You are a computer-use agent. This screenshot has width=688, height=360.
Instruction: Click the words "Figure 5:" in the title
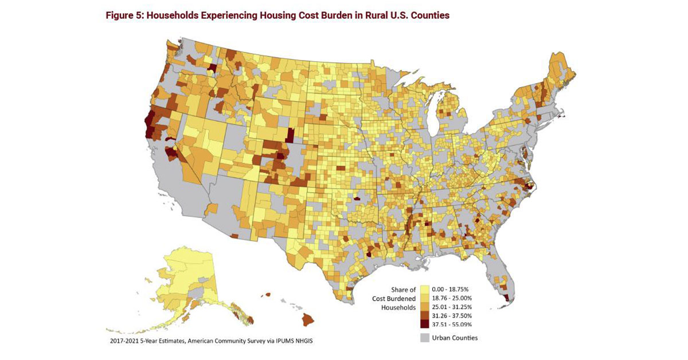(124, 15)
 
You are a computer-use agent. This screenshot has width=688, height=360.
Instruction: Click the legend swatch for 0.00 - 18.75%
(424, 289)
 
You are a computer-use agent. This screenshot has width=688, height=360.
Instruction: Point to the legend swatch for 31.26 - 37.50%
(424, 315)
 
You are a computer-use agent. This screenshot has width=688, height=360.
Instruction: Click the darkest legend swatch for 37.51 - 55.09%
(424, 324)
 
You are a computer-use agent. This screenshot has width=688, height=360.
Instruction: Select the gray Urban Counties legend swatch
(424, 337)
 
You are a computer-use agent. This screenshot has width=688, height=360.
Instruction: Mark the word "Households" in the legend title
(398, 307)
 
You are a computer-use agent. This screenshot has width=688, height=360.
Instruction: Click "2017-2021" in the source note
(125, 342)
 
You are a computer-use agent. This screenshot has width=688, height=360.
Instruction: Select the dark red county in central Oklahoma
(358, 199)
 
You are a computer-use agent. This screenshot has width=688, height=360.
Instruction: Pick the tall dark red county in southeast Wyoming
(290, 135)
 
